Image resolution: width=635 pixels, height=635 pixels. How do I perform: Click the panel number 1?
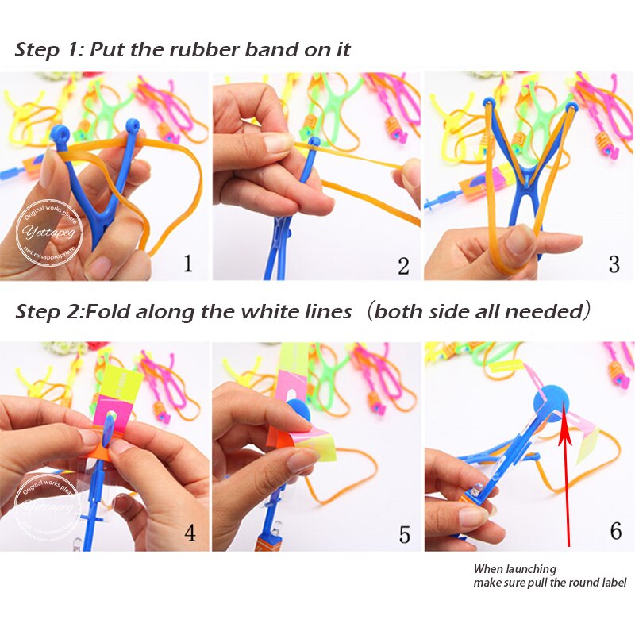point(187,263)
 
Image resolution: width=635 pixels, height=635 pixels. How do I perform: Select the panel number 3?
point(614,264)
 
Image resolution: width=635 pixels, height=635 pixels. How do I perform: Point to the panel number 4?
point(190,532)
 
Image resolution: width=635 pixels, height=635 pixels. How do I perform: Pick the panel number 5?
point(404,534)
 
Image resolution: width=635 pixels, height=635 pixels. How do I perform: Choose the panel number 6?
point(615,530)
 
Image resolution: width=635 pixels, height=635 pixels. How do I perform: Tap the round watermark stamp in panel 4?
point(48,506)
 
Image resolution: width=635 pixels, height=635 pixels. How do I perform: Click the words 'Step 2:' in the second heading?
point(49,311)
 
